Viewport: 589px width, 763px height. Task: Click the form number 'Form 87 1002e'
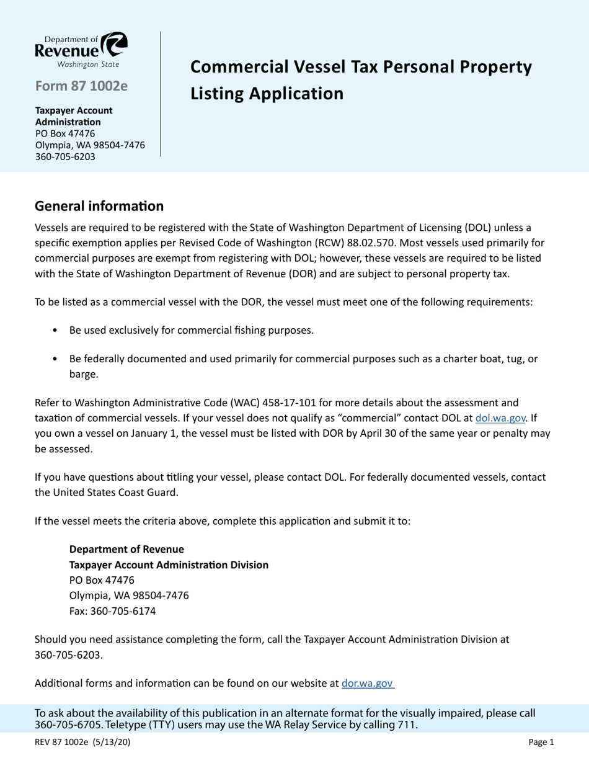[x=81, y=86]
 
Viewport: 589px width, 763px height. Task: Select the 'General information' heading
[x=99, y=205]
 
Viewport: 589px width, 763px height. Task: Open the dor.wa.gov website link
[x=368, y=684]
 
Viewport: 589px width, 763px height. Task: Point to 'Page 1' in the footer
[x=541, y=741]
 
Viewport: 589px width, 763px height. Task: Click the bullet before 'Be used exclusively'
[x=56, y=330]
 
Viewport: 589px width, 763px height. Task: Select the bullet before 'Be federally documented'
[x=56, y=359]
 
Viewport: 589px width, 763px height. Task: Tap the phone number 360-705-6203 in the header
[x=65, y=156]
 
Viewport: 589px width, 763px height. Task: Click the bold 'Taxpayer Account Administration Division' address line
[x=169, y=564]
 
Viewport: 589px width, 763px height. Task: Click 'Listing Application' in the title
[x=267, y=93]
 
